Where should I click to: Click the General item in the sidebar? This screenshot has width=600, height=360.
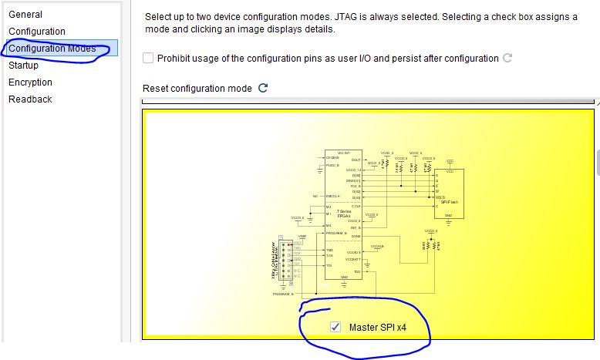pyautogui.click(x=25, y=14)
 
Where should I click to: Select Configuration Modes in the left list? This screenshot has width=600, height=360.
pyautogui.click(x=52, y=49)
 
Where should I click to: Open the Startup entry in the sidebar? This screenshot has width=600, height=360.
pyautogui.click(x=24, y=66)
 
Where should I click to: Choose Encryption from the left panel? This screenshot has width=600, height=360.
pyautogui.click(x=31, y=82)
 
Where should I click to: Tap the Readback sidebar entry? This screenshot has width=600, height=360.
pyautogui.click(x=30, y=99)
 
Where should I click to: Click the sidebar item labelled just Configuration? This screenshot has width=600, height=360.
pyautogui.click(x=37, y=31)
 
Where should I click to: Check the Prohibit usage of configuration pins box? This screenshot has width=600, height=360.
pyautogui.click(x=148, y=58)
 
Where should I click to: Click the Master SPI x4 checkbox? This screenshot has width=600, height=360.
pyautogui.click(x=335, y=327)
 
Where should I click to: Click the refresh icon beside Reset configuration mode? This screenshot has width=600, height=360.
pyautogui.click(x=263, y=88)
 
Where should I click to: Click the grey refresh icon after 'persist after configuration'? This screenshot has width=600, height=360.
pyautogui.click(x=507, y=58)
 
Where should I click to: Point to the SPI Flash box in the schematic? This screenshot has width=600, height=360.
pyautogui.click(x=450, y=193)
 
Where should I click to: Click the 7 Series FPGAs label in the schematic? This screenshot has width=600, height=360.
pyautogui.click(x=333, y=214)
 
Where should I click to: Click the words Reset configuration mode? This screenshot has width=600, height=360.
pyautogui.click(x=197, y=89)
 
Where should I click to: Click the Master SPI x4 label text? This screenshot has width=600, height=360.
pyautogui.click(x=377, y=328)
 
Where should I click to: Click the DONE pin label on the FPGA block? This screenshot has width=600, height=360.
pyautogui.click(x=356, y=236)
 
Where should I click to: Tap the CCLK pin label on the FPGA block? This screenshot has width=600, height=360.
pyautogui.click(x=356, y=206)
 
